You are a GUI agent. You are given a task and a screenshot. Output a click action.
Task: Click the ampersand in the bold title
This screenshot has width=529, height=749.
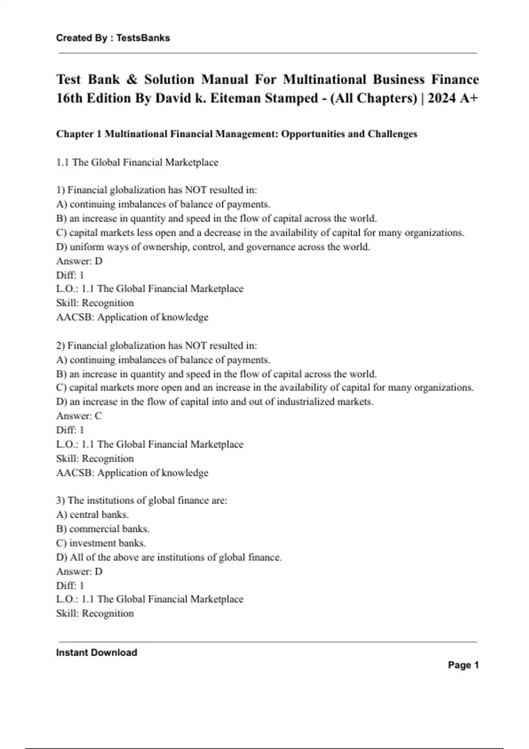[131, 79]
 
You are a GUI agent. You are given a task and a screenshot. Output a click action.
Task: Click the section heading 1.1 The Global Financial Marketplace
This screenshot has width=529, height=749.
[137, 162]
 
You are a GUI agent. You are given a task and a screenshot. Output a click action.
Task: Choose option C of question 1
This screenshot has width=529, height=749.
[260, 233]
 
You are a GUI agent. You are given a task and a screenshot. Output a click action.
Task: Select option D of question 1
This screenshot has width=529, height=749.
[213, 247]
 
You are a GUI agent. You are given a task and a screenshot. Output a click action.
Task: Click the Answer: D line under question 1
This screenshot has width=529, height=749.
[79, 261]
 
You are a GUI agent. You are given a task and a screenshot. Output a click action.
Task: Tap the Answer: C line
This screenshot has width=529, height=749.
[79, 416]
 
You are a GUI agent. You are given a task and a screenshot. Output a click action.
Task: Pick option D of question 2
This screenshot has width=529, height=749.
[215, 402]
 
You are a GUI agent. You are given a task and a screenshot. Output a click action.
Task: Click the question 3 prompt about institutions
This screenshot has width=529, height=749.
[142, 501]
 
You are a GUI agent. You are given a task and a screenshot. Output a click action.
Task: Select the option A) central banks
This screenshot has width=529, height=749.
[93, 515]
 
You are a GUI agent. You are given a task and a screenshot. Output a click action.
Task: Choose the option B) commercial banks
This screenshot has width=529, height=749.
[103, 529]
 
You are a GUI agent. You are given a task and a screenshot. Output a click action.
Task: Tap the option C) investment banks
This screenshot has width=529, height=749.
[101, 543]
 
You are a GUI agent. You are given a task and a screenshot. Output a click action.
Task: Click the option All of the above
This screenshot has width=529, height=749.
[169, 557]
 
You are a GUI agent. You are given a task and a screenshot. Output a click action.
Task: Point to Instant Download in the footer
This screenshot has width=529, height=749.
[97, 653]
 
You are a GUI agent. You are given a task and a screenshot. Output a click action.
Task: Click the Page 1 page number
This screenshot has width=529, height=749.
[463, 665]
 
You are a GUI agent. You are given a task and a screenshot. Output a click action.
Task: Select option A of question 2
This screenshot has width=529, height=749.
[163, 360]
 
